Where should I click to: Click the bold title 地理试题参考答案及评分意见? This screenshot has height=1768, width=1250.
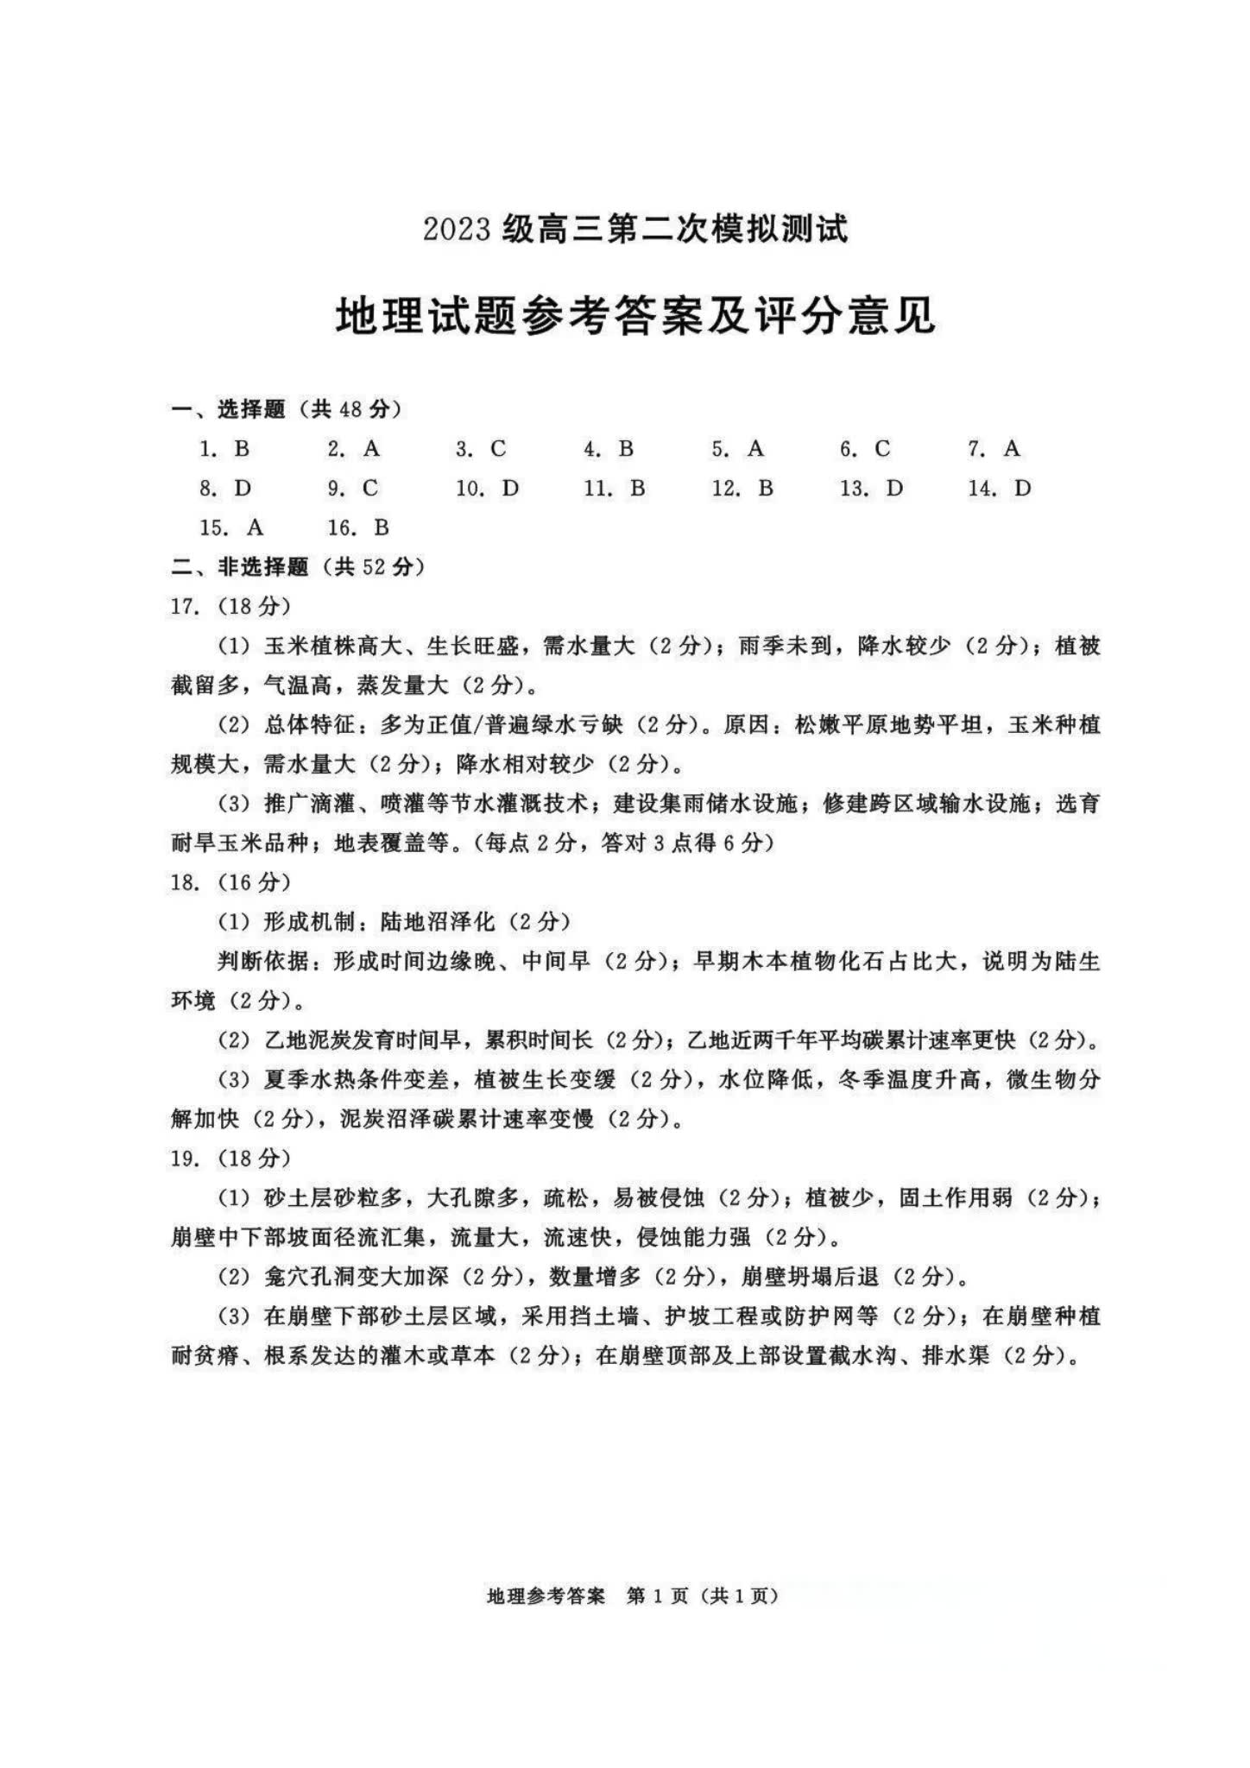point(635,316)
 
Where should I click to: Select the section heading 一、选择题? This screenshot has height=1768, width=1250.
point(230,409)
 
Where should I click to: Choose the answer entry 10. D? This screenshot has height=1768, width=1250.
point(488,489)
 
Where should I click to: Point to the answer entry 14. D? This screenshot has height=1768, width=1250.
point(1000,489)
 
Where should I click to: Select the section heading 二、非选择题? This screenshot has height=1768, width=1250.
point(241,567)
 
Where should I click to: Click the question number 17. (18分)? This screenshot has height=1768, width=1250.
point(230,606)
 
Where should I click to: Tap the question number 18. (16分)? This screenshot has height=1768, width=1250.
point(230,882)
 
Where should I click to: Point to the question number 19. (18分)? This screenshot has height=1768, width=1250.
point(230,1159)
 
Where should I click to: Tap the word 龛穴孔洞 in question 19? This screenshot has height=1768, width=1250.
point(310,1277)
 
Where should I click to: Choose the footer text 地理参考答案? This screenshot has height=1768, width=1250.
point(546,1597)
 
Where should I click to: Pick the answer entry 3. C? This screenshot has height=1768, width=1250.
point(481,449)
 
